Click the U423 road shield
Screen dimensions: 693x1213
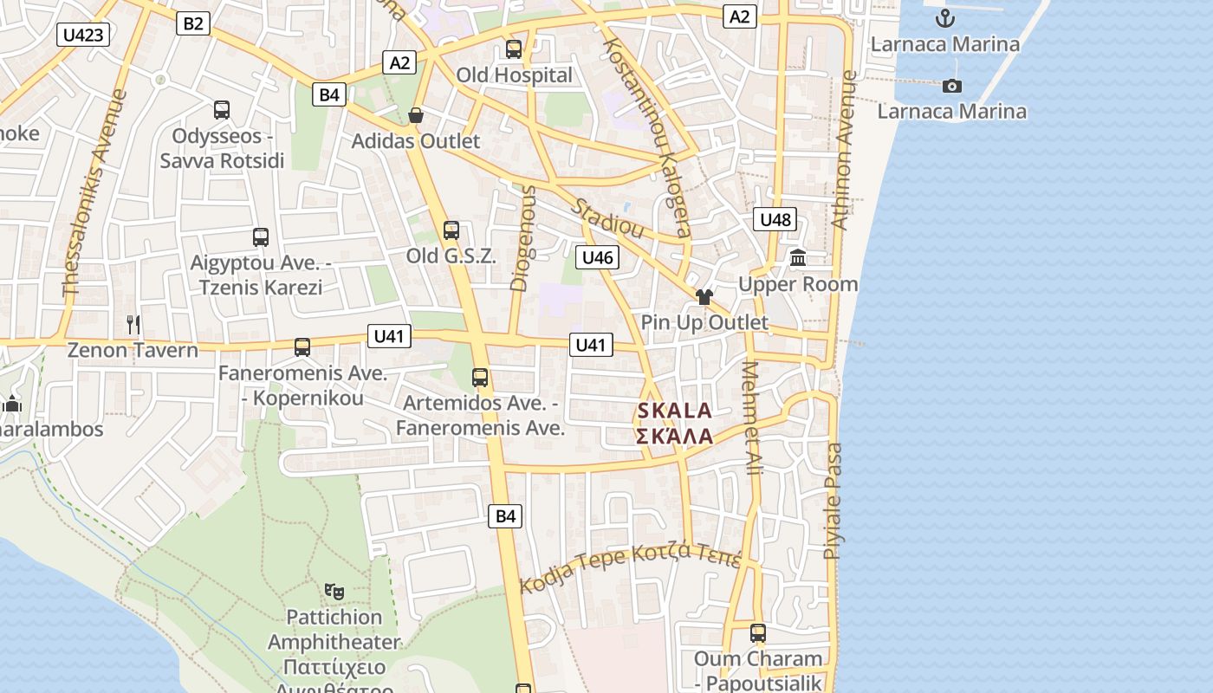coord(84,35)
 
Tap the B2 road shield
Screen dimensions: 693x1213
coord(192,23)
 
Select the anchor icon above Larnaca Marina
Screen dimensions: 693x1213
coord(945,17)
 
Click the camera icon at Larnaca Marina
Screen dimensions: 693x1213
coord(951,86)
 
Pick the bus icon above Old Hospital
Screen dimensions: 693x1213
coord(514,49)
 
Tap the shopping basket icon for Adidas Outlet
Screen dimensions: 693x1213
coord(416,115)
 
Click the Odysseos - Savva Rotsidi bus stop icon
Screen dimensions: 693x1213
coord(222,110)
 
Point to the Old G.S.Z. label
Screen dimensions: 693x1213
coord(451,256)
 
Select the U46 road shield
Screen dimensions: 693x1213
coord(597,257)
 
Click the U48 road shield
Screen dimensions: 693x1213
coord(775,219)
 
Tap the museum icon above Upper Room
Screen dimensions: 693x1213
coord(798,258)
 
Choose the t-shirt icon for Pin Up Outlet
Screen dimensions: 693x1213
coord(704,297)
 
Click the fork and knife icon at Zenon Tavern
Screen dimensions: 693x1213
coord(133,325)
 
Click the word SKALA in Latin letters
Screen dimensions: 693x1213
coord(674,411)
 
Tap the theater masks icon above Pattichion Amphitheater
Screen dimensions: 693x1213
coord(334,592)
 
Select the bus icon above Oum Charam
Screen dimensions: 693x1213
coord(758,633)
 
